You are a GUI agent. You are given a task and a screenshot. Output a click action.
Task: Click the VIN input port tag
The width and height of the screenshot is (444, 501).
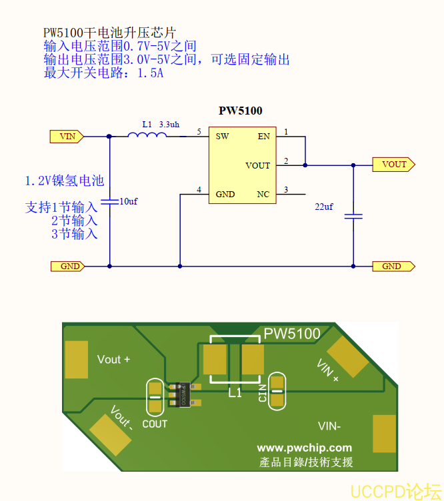point(67,137)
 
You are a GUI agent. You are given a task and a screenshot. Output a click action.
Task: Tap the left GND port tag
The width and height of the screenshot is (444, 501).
point(68,266)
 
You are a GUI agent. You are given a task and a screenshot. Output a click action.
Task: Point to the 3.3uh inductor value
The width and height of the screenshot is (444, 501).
point(169,125)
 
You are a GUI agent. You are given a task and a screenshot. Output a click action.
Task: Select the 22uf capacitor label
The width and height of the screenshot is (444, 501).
point(324,207)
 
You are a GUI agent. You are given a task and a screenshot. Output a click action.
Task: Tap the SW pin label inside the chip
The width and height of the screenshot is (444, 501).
point(222,137)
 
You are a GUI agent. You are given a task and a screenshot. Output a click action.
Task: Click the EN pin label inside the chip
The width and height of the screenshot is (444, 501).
point(264,137)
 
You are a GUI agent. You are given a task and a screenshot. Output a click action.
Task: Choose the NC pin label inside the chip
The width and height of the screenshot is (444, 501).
point(263,195)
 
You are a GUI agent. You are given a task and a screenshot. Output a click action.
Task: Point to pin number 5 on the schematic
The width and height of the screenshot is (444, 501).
point(199,133)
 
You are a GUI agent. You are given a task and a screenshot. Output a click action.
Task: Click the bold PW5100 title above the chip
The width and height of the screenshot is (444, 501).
point(241,111)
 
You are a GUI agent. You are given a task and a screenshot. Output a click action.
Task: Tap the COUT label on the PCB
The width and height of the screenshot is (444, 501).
point(155,424)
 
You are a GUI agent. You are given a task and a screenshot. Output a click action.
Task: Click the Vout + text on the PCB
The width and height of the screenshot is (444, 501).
point(113,360)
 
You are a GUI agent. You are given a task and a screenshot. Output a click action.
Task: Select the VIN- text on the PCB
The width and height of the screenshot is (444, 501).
point(329,426)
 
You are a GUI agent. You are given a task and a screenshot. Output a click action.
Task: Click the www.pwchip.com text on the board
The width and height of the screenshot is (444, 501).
point(304,448)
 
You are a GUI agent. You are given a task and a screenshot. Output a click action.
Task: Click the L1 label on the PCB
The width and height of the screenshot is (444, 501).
point(235,393)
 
